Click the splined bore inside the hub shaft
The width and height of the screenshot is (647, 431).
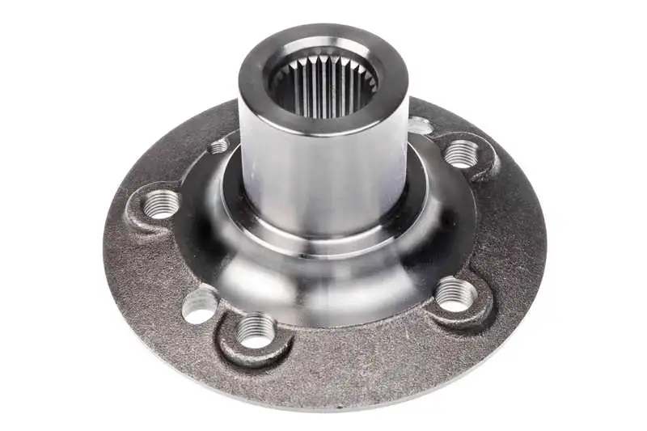tap(323, 85)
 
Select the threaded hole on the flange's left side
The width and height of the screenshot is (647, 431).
tap(163, 203)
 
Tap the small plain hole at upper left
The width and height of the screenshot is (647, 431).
tap(218, 146)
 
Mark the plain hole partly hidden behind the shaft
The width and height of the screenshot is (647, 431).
tap(421, 125)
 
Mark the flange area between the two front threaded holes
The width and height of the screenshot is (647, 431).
tap(356, 348)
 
